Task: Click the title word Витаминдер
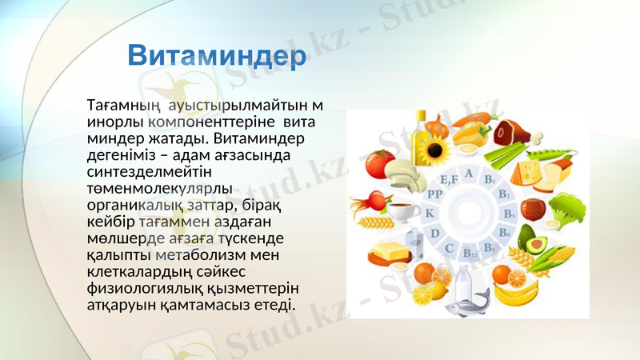pyautogui.click(x=218, y=57)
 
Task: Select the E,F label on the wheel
pyautogui.click(x=449, y=179)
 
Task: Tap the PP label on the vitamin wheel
pyautogui.click(x=434, y=194)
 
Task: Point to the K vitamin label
pyautogui.click(x=429, y=213)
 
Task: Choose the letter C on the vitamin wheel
pyautogui.click(x=450, y=248)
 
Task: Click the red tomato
pyautogui.click(x=379, y=163)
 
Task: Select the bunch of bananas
pyautogui.click(x=517, y=292)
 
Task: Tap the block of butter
pyautogui.click(x=390, y=254)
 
